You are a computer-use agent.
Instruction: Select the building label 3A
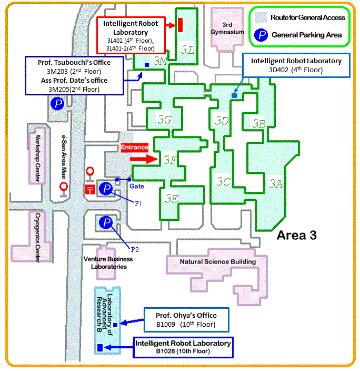tap(276, 183)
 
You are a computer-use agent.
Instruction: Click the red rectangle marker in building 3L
tap(180, 24)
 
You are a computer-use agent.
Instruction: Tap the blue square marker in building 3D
tap(234, 95)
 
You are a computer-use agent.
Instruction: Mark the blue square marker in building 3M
tap(146, 64)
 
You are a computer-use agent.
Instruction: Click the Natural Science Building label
tap(217, 261)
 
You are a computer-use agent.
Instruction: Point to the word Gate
tap(137, 186)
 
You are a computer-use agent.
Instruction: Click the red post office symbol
tap(90, 189)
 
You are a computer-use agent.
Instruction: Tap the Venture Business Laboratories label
tap(105, 262)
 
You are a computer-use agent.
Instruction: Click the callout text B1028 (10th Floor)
tap(183, 350)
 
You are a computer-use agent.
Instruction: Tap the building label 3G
tap(165, 121)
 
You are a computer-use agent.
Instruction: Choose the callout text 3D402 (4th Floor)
tap(296, 70)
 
